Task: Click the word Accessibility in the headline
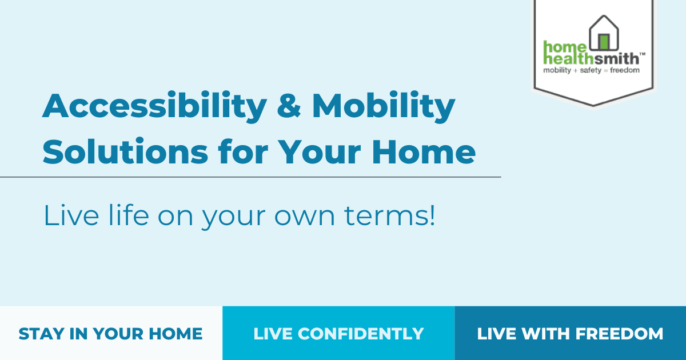click(155, 106)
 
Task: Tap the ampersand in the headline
click(289, 105)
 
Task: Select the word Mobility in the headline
click(384, 106)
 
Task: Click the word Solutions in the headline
click(126, 151)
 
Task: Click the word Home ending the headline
click(424, 152)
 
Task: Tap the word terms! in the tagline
click(389, 215)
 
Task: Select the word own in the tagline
click(304, 218)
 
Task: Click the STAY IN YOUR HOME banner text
click(110, 334)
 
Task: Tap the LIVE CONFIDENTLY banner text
click(338, 334)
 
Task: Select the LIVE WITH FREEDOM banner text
click(571, 334)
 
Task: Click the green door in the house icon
click(604, 42)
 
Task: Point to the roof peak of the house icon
click(604, 16)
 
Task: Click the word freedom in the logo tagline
click(625, 70)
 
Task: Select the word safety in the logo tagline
click(591, 71)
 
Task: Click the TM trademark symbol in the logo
click(643, 54)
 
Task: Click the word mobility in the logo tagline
click(557, 71)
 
